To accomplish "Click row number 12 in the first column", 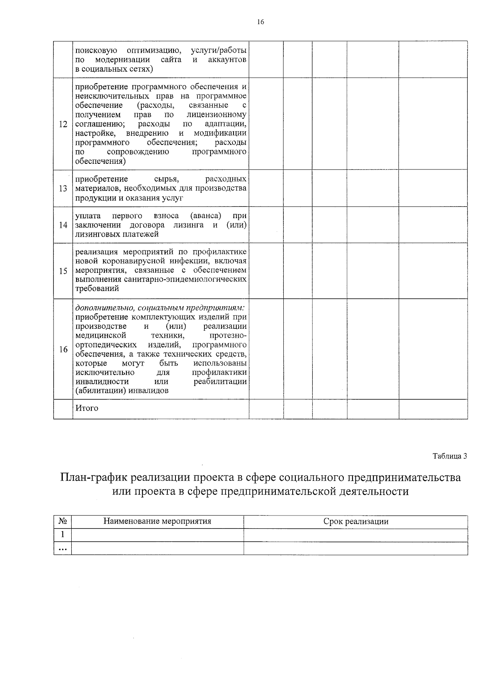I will [x=63, y=124].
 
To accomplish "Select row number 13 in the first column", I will [x=63, y=189].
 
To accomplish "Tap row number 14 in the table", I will [x=63, y=225].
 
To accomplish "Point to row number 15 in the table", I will [x=63, y=271].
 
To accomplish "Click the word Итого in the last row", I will [x=87, y=408].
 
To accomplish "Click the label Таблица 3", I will [x=450, y=456].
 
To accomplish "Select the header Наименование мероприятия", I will [x=157, y=522].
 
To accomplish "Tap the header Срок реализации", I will [x=356, y=522].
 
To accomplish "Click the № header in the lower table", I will [x=62, y=522].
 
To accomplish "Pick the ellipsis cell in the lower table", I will [x=62, y=549].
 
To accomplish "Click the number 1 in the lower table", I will [x=62, y=535].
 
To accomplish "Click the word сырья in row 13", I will [x=166, y=179].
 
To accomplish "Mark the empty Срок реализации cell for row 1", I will [x=356, y=535].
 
